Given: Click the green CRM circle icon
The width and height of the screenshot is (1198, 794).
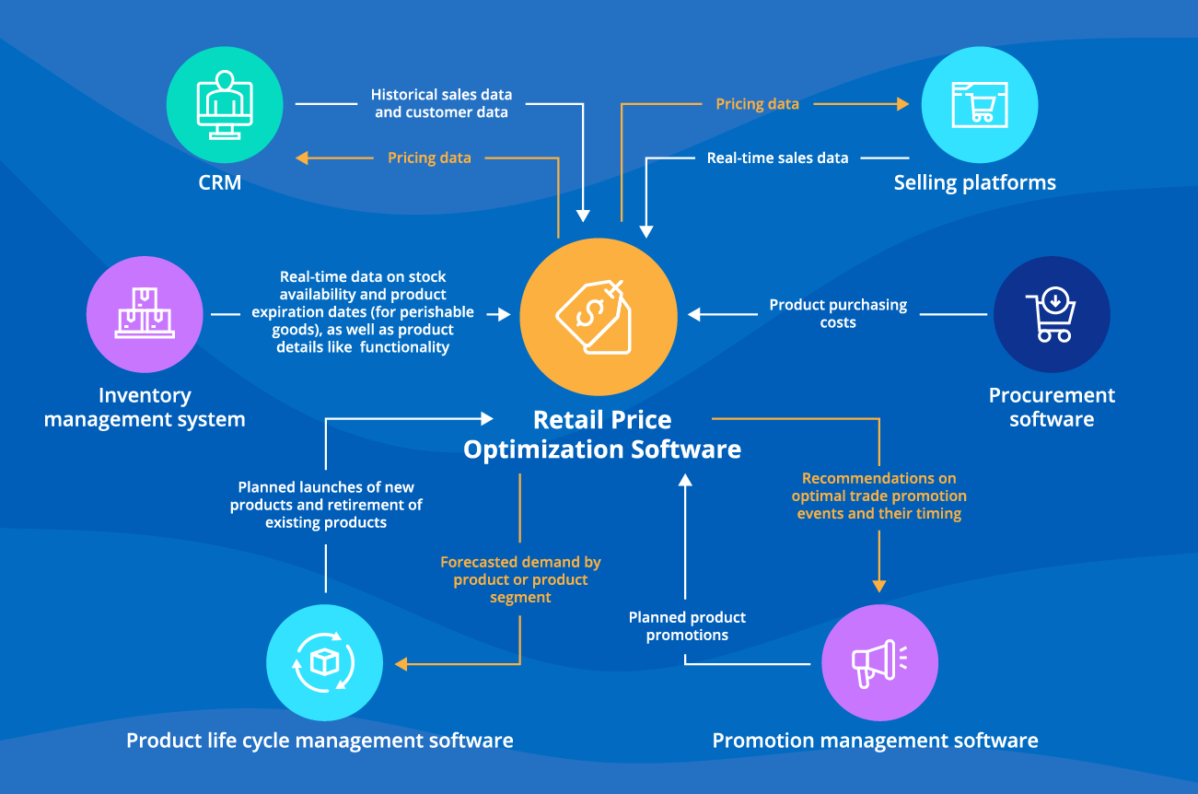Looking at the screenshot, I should pyautogui.click(x=224, y=105).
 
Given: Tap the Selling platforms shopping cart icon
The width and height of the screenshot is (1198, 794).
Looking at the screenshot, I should pyautogui.click(x=979, y=105).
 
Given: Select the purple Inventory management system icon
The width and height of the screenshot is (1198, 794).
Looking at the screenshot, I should pyautogui.click(x=145, y=314).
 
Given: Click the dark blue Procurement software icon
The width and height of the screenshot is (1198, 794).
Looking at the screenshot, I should pyautogui.click(x=1051, y=314).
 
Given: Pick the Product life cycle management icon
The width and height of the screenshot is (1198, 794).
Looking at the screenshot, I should pyautogui.click(x=324, y=662).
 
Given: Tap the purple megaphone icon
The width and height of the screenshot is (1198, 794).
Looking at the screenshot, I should pyautogui.click(x=879, y=662).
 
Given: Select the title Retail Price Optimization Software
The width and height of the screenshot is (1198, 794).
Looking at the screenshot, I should pyautogui.click(x=602, y=435).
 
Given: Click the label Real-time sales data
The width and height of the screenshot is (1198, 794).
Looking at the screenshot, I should pyautogui.click(x=777, y=158).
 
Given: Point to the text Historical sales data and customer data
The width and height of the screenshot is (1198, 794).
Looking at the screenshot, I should pyautogui.click(x=441, y=103).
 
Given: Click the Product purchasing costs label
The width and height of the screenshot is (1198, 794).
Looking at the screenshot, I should pyautogui.click(x=838, y=313).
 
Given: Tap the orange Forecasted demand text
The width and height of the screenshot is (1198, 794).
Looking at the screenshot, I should pyautogui.click(x=520, y=579).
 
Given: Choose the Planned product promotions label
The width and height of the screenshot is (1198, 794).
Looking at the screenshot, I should pyautogui.click(x=687, y=626).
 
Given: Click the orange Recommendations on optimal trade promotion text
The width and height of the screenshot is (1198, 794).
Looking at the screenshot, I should pyautogui.click(x=878, y=496).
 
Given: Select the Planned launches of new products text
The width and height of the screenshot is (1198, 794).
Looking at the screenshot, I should pyautogui.click(x=326, y=505).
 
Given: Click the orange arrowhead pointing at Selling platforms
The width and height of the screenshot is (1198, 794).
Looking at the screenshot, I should pyautogui.click(x=903, y=104).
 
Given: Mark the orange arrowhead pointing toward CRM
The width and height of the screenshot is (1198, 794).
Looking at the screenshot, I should pyautogui.click(x=301, y=158).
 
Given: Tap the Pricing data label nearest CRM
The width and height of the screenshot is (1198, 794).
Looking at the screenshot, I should pyautogui.click(x=429, y=158).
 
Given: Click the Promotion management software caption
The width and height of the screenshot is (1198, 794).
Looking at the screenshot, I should pyautogui.click(x=875, y=741).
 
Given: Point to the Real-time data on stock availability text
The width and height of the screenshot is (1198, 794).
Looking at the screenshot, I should pyautogui.click(x=363, y=312).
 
